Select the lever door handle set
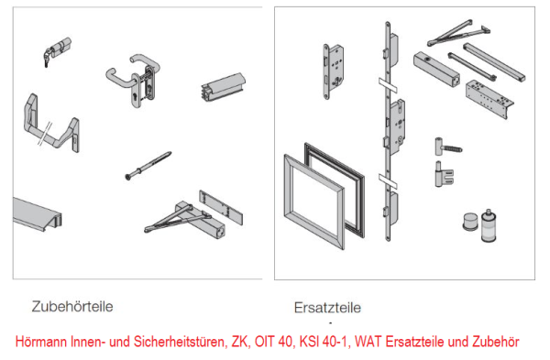tap(134, 77)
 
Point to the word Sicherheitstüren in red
tap(169, 341)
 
